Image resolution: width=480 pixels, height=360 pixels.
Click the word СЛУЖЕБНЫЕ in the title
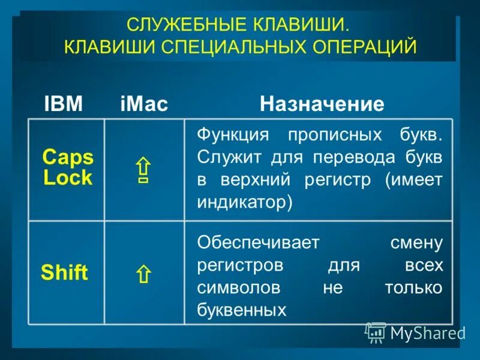tap(179, 26)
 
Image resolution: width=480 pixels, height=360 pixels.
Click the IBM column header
tap(64, 104)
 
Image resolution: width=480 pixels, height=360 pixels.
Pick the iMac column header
tap(144, 104)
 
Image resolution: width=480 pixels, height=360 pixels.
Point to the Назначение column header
tap(322, 104)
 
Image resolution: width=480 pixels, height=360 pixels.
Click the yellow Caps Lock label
tap(67, 167)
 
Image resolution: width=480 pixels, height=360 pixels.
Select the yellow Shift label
tap(64, 274)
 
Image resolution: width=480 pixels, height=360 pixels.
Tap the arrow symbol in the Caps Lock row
tap(143, 170)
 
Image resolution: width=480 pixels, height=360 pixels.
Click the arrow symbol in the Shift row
tap(143, 275)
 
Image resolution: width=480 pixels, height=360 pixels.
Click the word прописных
tap(325, 134)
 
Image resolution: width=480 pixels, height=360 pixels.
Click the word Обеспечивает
tap(259, 243)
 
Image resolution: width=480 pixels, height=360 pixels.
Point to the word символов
tap(239, 287)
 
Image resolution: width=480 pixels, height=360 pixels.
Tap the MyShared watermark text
tap(427, 332)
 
